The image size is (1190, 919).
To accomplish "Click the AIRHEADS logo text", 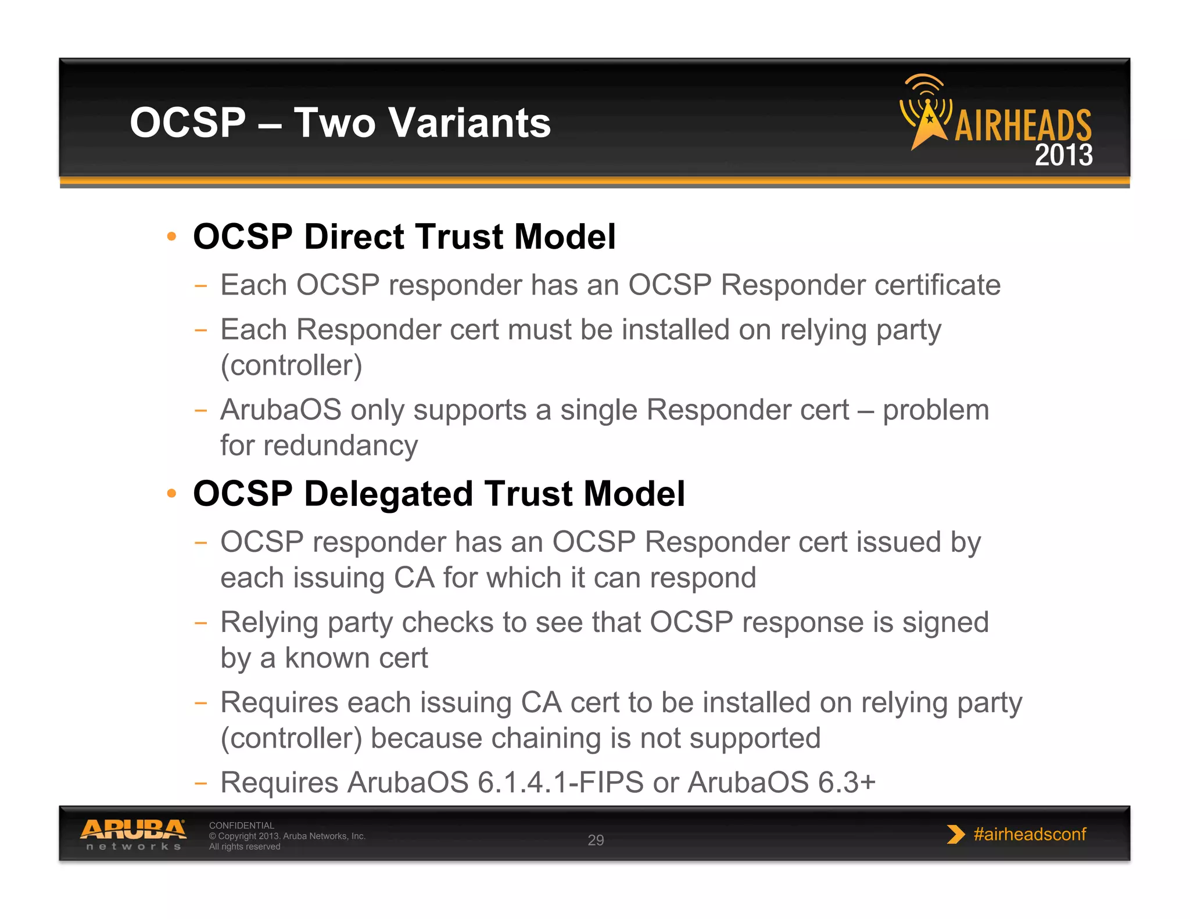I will click(x=1023, y=125).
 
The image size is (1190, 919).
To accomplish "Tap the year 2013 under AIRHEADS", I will click(x=1063, y=156).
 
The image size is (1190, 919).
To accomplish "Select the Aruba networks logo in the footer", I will click(x=133, y=834).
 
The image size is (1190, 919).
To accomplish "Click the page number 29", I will click(x=596, y=840).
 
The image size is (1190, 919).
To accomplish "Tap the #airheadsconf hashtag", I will click(x=1030, y=834).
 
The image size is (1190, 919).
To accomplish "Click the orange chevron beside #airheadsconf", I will click(x=955, y=834).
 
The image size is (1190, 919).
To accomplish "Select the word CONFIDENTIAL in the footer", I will click(x=241, y=825).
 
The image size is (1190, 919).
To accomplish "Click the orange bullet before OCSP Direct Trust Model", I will click(x=171, y=236).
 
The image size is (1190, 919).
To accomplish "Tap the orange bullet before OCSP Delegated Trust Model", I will click(x=171, y=494).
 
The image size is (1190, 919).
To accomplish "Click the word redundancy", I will click(x=340, y=446).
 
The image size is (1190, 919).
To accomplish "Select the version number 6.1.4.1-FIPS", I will click(x=560, y=782).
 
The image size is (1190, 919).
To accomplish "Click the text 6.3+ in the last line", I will click(x=846, y=782).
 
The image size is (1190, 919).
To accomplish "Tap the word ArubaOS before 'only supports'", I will click(x=281, y=410).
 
